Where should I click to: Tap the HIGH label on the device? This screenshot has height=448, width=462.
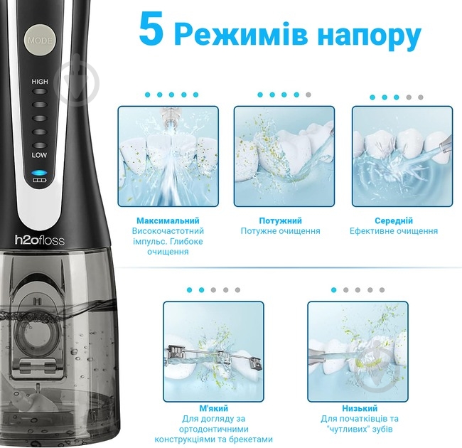[40, 82]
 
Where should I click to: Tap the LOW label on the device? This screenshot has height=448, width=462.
[39, 154]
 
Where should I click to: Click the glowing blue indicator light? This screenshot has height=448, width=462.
[38, 173]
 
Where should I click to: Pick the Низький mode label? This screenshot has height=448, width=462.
[359, 409]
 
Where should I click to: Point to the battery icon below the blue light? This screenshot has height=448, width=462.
[38, 181]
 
